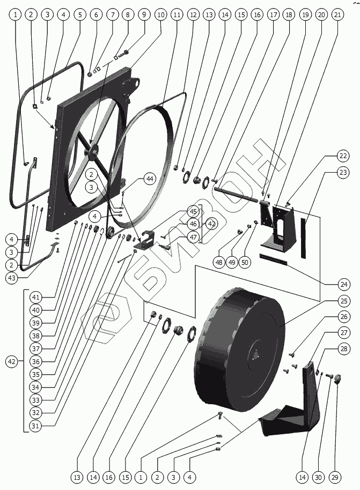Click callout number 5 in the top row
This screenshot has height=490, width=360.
click(80, 15)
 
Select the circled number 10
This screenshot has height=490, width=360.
click(160, 15)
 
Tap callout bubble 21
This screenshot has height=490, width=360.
click(337, 15)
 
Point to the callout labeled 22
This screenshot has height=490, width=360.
click(343, 156)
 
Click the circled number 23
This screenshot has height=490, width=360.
click(343, 173)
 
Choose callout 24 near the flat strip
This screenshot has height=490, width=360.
click(343, 284)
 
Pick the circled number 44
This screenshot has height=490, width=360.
click(149, 179)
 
